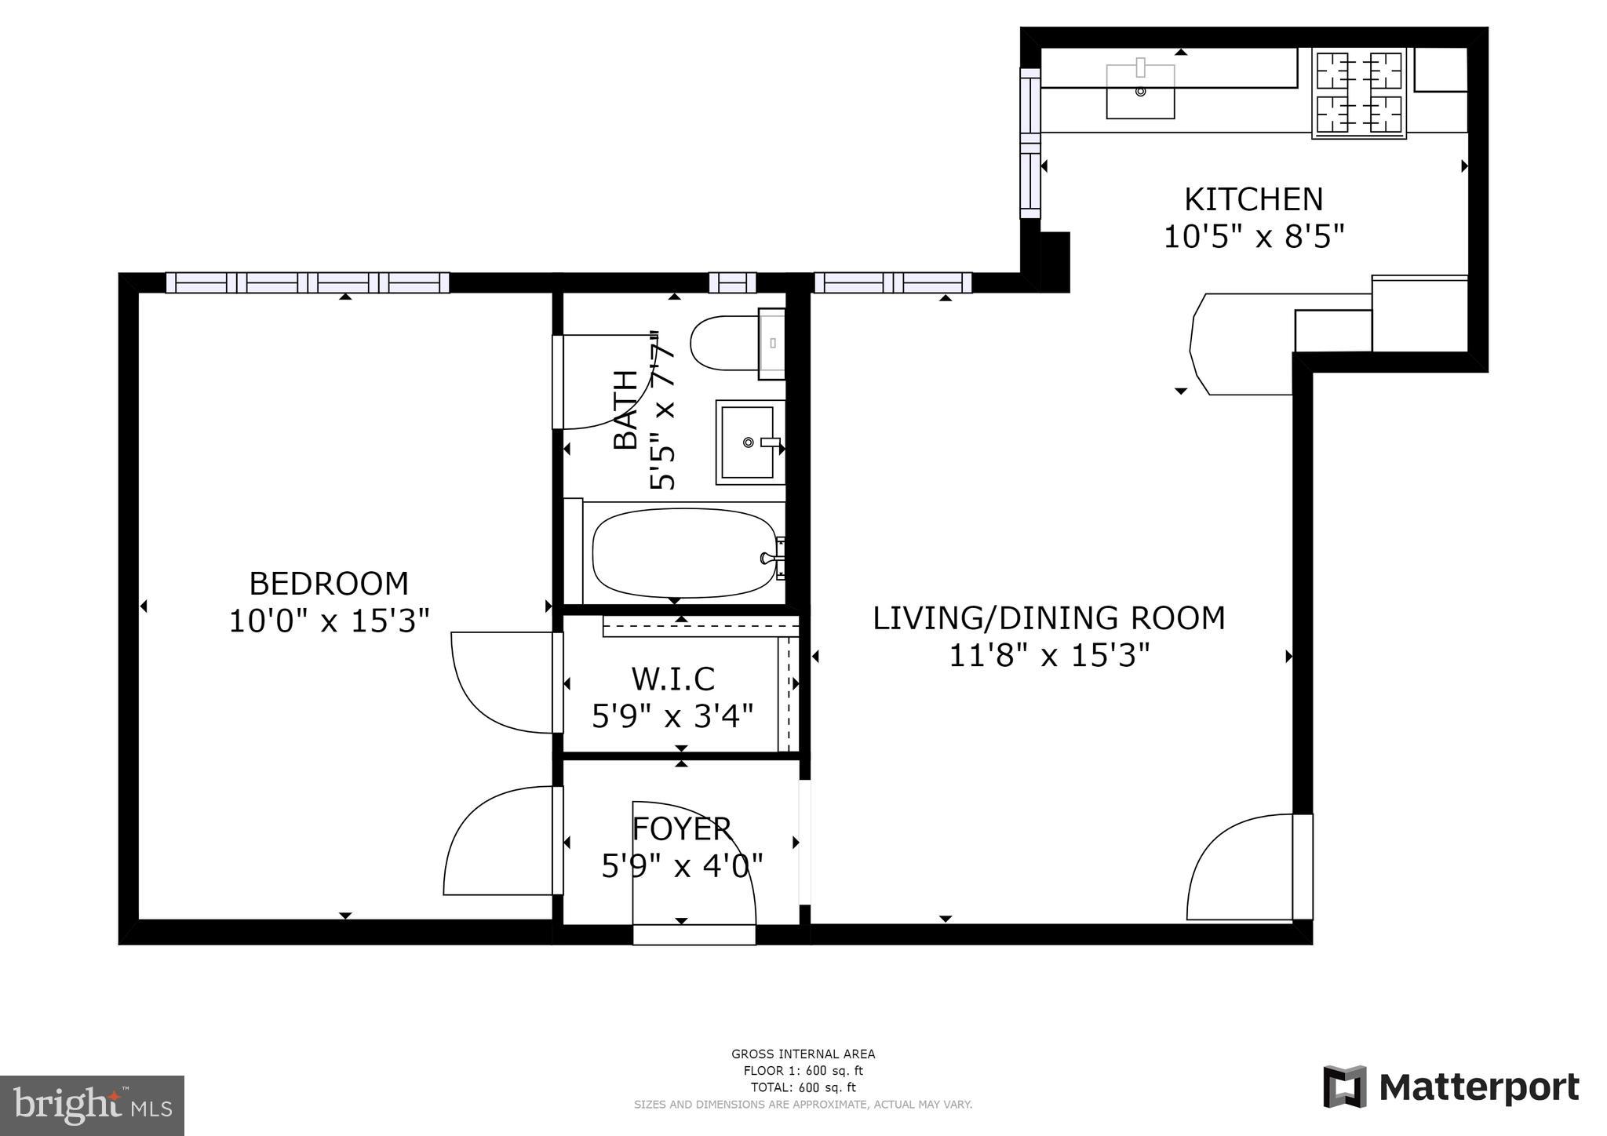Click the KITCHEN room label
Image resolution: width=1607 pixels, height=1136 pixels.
tap(1253, 199)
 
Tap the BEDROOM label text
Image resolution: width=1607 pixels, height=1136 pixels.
tap(329, 584)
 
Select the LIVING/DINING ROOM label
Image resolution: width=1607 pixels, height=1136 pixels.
tap(1049, 618)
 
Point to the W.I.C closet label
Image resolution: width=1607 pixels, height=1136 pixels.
tap(673, 678)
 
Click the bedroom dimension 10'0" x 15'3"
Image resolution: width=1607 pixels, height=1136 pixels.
tap(329, 621)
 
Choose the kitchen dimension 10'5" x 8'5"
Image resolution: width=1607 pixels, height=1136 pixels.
tap(1253, 236)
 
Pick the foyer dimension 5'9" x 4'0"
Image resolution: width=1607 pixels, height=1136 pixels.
tap(682, 866)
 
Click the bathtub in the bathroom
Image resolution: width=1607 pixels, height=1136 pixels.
tap(683, 553)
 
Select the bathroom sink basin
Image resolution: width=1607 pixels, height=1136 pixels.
tap(750, 442)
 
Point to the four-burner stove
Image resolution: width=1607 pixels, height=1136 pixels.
tap(1359, 93)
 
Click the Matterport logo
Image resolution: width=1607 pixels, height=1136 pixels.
tap(1451, 1087)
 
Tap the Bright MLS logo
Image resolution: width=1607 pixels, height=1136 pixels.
tap(92, 1105)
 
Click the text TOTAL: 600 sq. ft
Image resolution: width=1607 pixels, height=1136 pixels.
tap(803, 1087)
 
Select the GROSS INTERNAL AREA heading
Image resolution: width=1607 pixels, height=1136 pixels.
tap(803, 1054)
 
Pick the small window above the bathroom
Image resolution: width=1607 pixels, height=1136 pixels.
tap(732, 282)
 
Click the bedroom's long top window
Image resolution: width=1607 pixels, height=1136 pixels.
tap(308, 282)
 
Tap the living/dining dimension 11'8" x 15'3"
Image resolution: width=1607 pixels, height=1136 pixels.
tap(1049, 655)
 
